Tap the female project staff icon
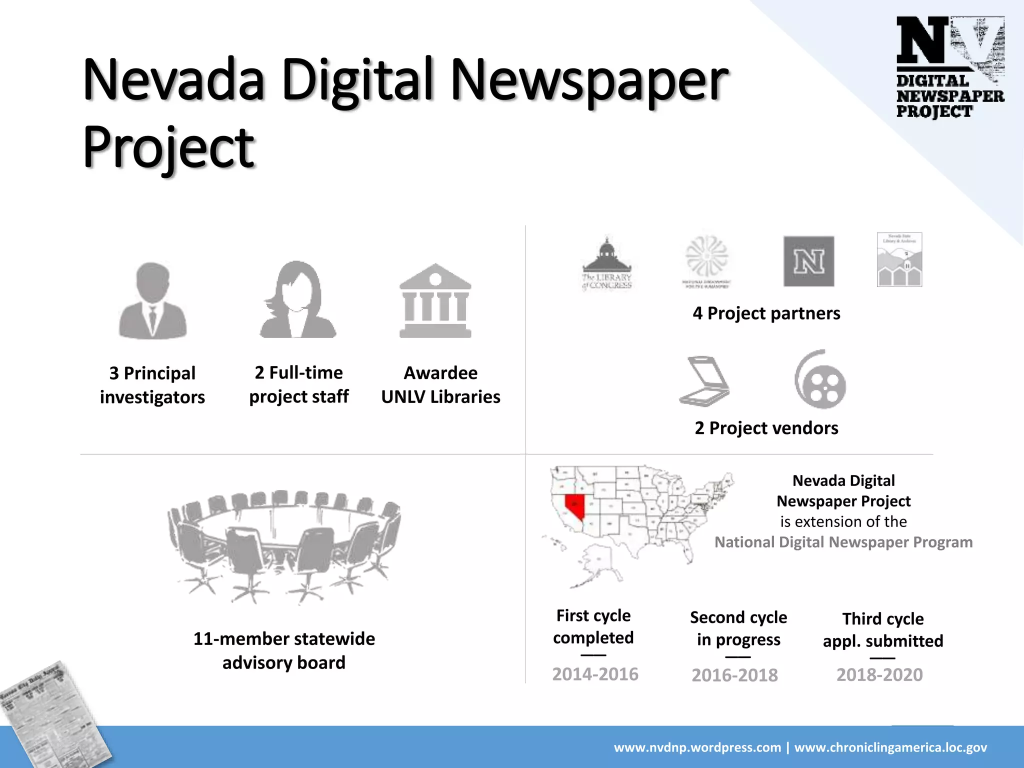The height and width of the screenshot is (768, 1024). [298, 300]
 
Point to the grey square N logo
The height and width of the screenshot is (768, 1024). [808, 261]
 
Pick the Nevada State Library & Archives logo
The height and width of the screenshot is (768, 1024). [899, 259]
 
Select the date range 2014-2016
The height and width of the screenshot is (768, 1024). [595, 674]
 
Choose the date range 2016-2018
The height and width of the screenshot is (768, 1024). [734, 675]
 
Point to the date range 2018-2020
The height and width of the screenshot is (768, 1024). [879, 674]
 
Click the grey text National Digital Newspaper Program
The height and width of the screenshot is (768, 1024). [843, 542]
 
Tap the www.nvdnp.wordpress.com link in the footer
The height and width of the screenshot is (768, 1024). [697, 747]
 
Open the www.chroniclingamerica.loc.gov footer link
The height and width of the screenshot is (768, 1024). [890, 747]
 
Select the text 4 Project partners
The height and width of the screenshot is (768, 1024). [766, 313]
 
